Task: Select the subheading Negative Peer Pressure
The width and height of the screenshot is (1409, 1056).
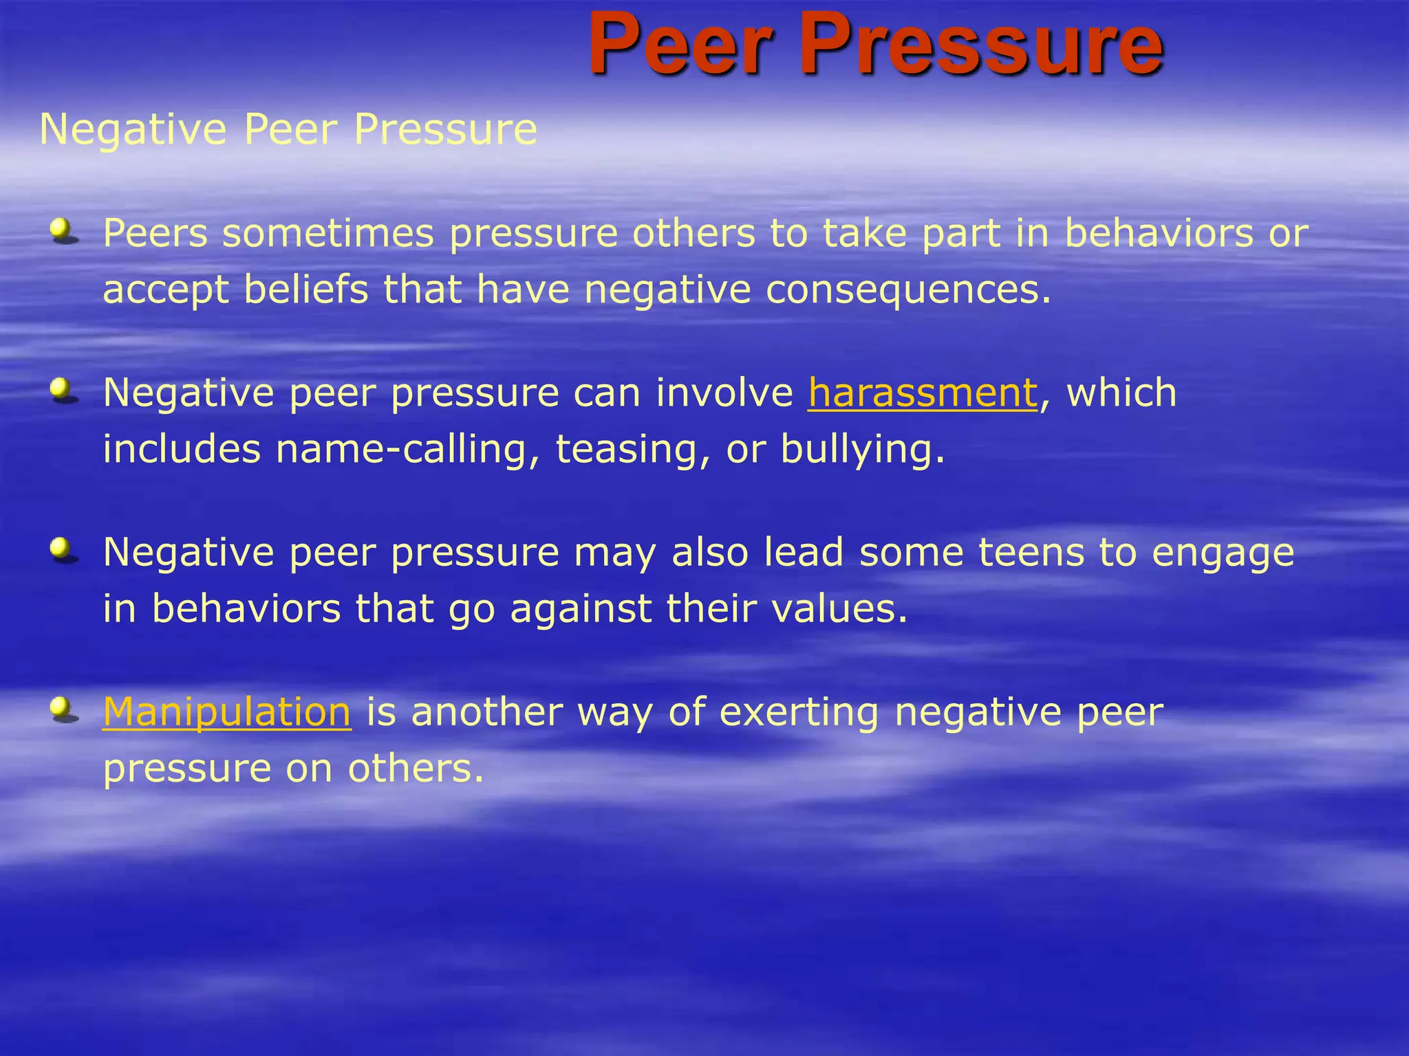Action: click(x=288, y=129)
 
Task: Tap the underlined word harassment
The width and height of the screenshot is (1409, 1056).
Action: click(x=923, y=393)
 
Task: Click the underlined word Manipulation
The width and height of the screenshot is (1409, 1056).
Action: click(x=227, y=712)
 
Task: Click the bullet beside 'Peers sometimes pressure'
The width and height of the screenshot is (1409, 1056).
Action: click(x=64, y=231)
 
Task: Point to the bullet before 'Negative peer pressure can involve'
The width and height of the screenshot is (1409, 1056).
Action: click(x=64, y=390)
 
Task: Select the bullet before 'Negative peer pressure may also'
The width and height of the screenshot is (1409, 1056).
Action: click(x=64, y=551)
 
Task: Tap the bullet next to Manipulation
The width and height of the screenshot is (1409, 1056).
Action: click(x=64, y=709)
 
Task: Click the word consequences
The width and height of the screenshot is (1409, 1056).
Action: click(x=908, y=289)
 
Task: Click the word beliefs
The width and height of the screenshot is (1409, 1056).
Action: click(x=306, y=289)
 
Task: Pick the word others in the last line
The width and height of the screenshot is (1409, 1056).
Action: click(x=416, y=768)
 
